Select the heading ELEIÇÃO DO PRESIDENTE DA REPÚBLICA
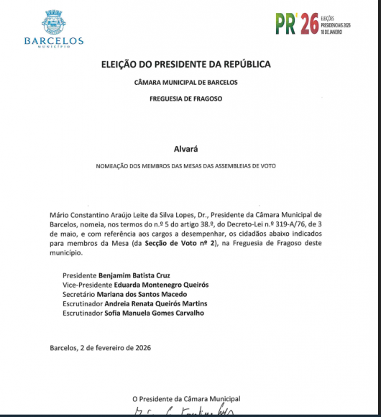(x=186, y=65)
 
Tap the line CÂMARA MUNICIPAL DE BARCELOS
(x=186, y=83)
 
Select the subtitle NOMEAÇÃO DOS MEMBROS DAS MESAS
(x=186, y=166)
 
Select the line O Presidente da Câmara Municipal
(x=186, y=398)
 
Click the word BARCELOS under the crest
(x=54, y=42)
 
